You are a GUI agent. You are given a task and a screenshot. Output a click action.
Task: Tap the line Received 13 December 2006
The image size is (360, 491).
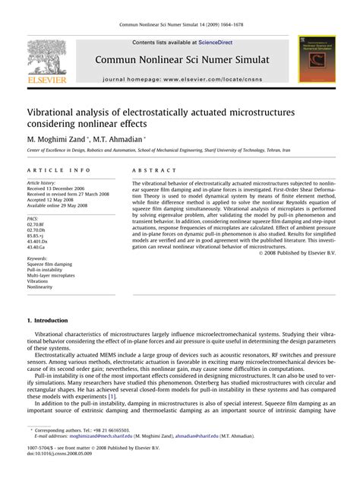(x=60, y=188)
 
